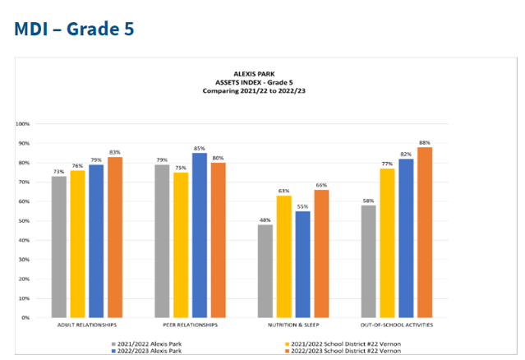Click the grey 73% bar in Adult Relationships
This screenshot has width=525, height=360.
(x=59, y=247)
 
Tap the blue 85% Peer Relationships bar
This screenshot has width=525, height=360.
(x=200, y=235)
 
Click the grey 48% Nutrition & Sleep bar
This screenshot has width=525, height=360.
(x=264, y=270)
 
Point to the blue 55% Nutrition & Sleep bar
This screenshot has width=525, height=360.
(x=302, y=264)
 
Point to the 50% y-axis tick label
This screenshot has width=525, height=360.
(x=24, y=220)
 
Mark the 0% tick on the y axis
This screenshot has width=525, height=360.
(x=25, y=317)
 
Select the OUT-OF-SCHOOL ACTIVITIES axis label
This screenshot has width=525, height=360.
(x=397, y=326)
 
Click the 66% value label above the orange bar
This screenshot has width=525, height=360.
(x=322, y=186)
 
